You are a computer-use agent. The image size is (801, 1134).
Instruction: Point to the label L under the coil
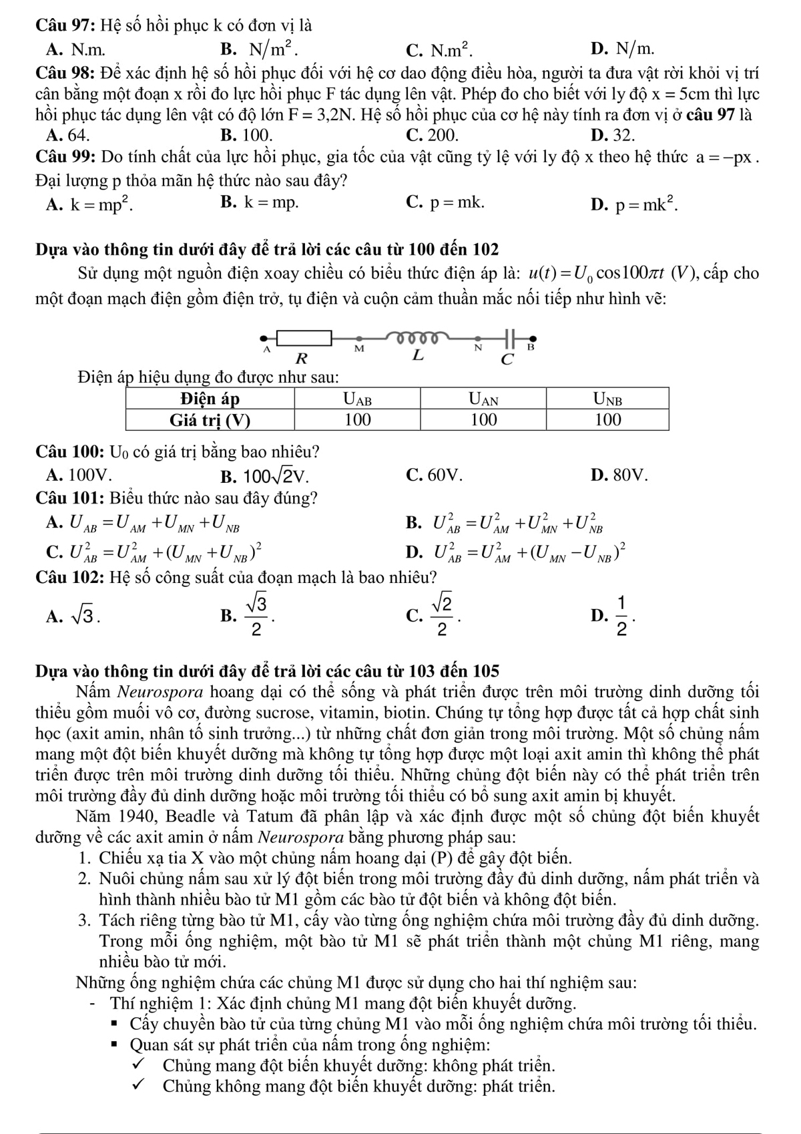[417, 356]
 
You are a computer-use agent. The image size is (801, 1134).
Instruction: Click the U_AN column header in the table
[483, 399]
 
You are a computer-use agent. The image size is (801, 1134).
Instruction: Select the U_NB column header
[607, 399]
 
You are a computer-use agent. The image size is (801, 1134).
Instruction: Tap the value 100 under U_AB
[358, 420]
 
